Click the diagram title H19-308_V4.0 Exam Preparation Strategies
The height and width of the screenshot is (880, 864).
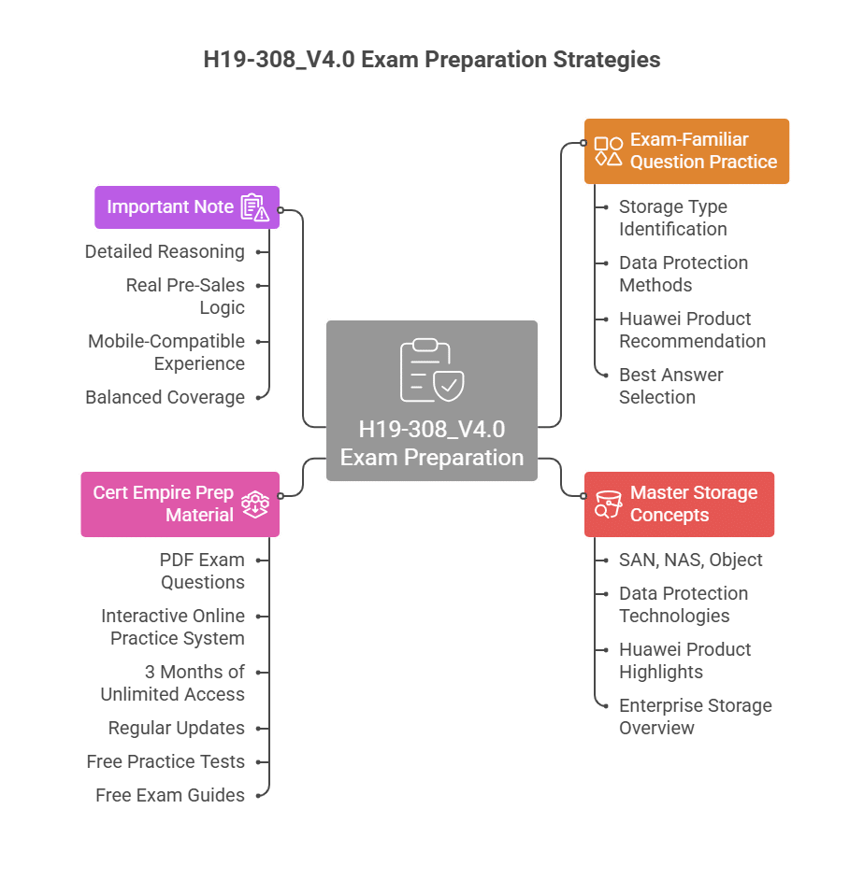(431, 60)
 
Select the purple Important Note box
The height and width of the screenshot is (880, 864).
(186, 206)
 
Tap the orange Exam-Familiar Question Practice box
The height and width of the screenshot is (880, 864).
(686, 150)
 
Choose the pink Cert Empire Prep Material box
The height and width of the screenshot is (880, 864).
(180, 504)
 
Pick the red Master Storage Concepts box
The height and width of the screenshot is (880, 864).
(679, 504)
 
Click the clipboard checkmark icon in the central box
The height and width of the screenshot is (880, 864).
(431, 370)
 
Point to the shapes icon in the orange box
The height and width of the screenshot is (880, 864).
(609, 151)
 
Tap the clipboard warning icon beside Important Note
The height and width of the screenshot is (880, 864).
(254, 207)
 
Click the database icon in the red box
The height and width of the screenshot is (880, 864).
(609, 504)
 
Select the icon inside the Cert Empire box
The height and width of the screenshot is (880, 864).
(255, 504)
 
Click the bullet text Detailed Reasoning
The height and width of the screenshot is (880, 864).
(165, 251)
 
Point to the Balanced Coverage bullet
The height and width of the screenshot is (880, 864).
(165, 397)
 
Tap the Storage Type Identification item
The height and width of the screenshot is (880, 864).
(672, 218)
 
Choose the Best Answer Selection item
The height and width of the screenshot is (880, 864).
(670, 386)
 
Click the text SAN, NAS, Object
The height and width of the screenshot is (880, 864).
(690, 560)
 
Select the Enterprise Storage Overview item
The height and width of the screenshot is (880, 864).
(695, 717)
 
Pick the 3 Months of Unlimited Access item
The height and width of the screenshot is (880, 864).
(173, 683)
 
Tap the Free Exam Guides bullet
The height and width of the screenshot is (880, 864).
(170, 795)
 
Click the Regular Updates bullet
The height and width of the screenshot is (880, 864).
(176, 728)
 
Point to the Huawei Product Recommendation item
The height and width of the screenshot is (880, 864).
(692, 330)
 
